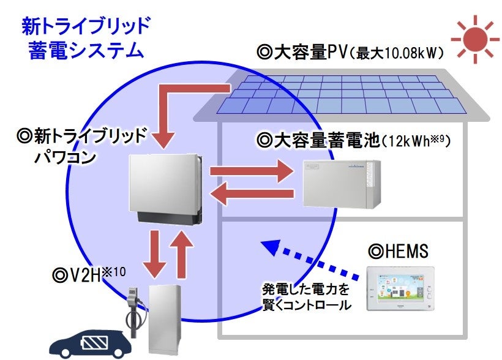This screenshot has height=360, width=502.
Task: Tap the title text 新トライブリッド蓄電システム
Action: pyautogui.click(x=86, y=38)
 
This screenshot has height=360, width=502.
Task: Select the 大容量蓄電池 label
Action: pyautogui.click(x=318, y=141)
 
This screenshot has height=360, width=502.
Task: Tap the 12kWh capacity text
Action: pyautogui.click(x=416, y=141)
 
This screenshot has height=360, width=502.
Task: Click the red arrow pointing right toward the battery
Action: pyautogui.click(x=251, y=172)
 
